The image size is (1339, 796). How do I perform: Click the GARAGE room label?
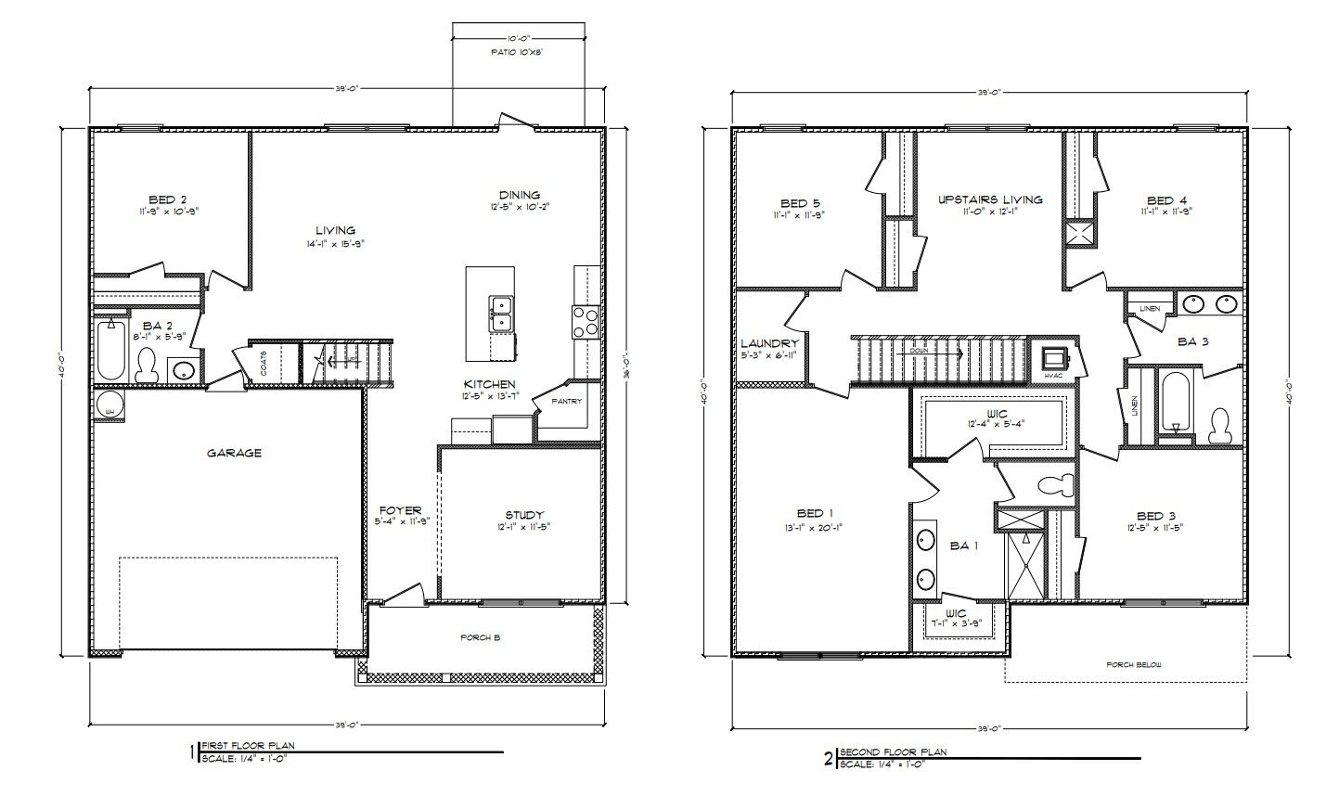(233, 453)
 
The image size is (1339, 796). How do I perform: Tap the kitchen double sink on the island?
(499, 314)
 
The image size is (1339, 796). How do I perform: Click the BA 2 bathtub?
(109, 350)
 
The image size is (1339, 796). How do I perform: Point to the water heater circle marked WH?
(109, 406)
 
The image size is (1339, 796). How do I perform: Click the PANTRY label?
(565, 402)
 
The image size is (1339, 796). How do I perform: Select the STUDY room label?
(524, 515)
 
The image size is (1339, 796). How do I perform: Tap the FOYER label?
(400, 510)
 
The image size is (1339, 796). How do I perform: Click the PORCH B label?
(481, 637)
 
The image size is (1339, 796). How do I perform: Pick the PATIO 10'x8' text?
(517, 53)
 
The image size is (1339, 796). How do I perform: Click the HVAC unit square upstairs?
(1053, 359)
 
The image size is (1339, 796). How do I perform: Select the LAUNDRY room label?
(769, 343)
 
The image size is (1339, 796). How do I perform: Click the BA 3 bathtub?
(1174, 401)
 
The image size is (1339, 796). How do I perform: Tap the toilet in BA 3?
(1219, 426)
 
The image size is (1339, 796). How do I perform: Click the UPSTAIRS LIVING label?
(989, 199)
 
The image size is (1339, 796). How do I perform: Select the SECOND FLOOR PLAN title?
(893, 752)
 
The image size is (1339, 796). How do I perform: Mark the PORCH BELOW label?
(1133, 664)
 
